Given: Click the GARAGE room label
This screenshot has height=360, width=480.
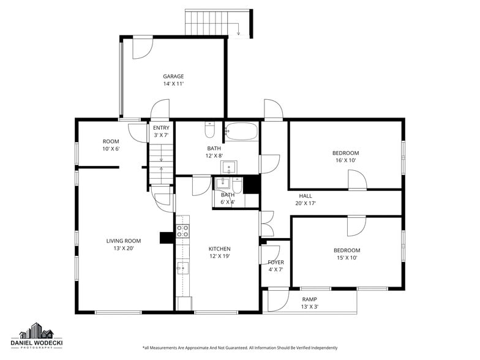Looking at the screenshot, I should (x=173, y=77).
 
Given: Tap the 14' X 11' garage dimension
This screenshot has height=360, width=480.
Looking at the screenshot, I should (x=173, y=84).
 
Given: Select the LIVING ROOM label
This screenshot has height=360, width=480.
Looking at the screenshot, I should (x=124, y=241).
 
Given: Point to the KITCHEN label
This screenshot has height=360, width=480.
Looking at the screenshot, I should (x=219, y=249).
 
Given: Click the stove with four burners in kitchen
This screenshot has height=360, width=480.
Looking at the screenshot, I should (x=182, y=231).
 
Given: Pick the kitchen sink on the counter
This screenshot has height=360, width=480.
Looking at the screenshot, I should (x=182, y=268).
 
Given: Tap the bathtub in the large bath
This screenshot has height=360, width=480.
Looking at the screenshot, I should (x=242, y=130).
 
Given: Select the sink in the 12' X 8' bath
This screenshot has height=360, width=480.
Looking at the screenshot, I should (x=229, y=167).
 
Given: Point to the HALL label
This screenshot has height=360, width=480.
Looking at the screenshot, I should (x=305, y=196).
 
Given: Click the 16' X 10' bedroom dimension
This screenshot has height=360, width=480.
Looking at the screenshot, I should (x=345, y=160).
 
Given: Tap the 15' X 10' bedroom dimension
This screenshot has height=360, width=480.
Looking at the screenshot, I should (x=347, y=258).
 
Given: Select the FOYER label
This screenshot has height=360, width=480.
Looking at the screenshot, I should (x=276, y=262).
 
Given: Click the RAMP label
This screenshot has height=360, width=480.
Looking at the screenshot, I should (x=310, y=299).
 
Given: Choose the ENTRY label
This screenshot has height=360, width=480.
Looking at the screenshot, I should (x=161, y=127).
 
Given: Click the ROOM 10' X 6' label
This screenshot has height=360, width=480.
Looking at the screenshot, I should (x=111, y=145).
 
